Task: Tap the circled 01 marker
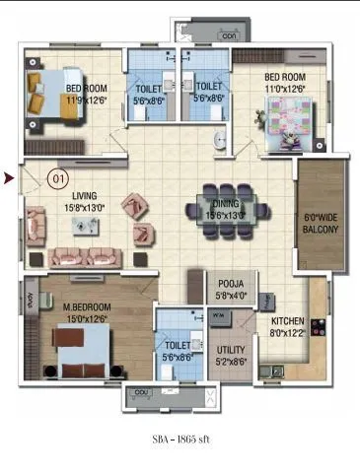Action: point(58,179)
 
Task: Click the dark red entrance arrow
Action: point(9,178)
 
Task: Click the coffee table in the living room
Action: point(83,226)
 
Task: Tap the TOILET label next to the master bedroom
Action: point(178,346)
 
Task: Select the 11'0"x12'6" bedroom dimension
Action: point(285,87)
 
